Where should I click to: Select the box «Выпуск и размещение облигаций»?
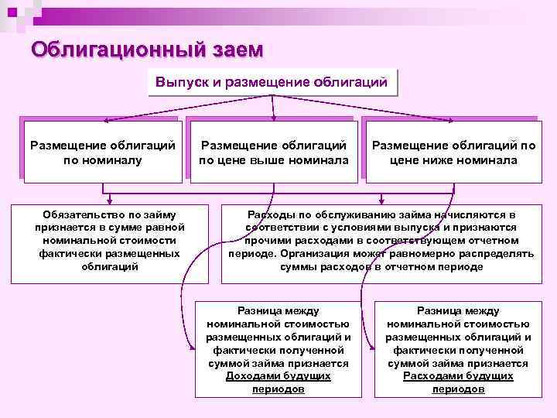pos(271,82)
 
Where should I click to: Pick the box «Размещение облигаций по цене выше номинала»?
pos(273,152)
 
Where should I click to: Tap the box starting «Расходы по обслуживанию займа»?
pos(381,240)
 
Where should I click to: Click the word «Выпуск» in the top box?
pos(179,82)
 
